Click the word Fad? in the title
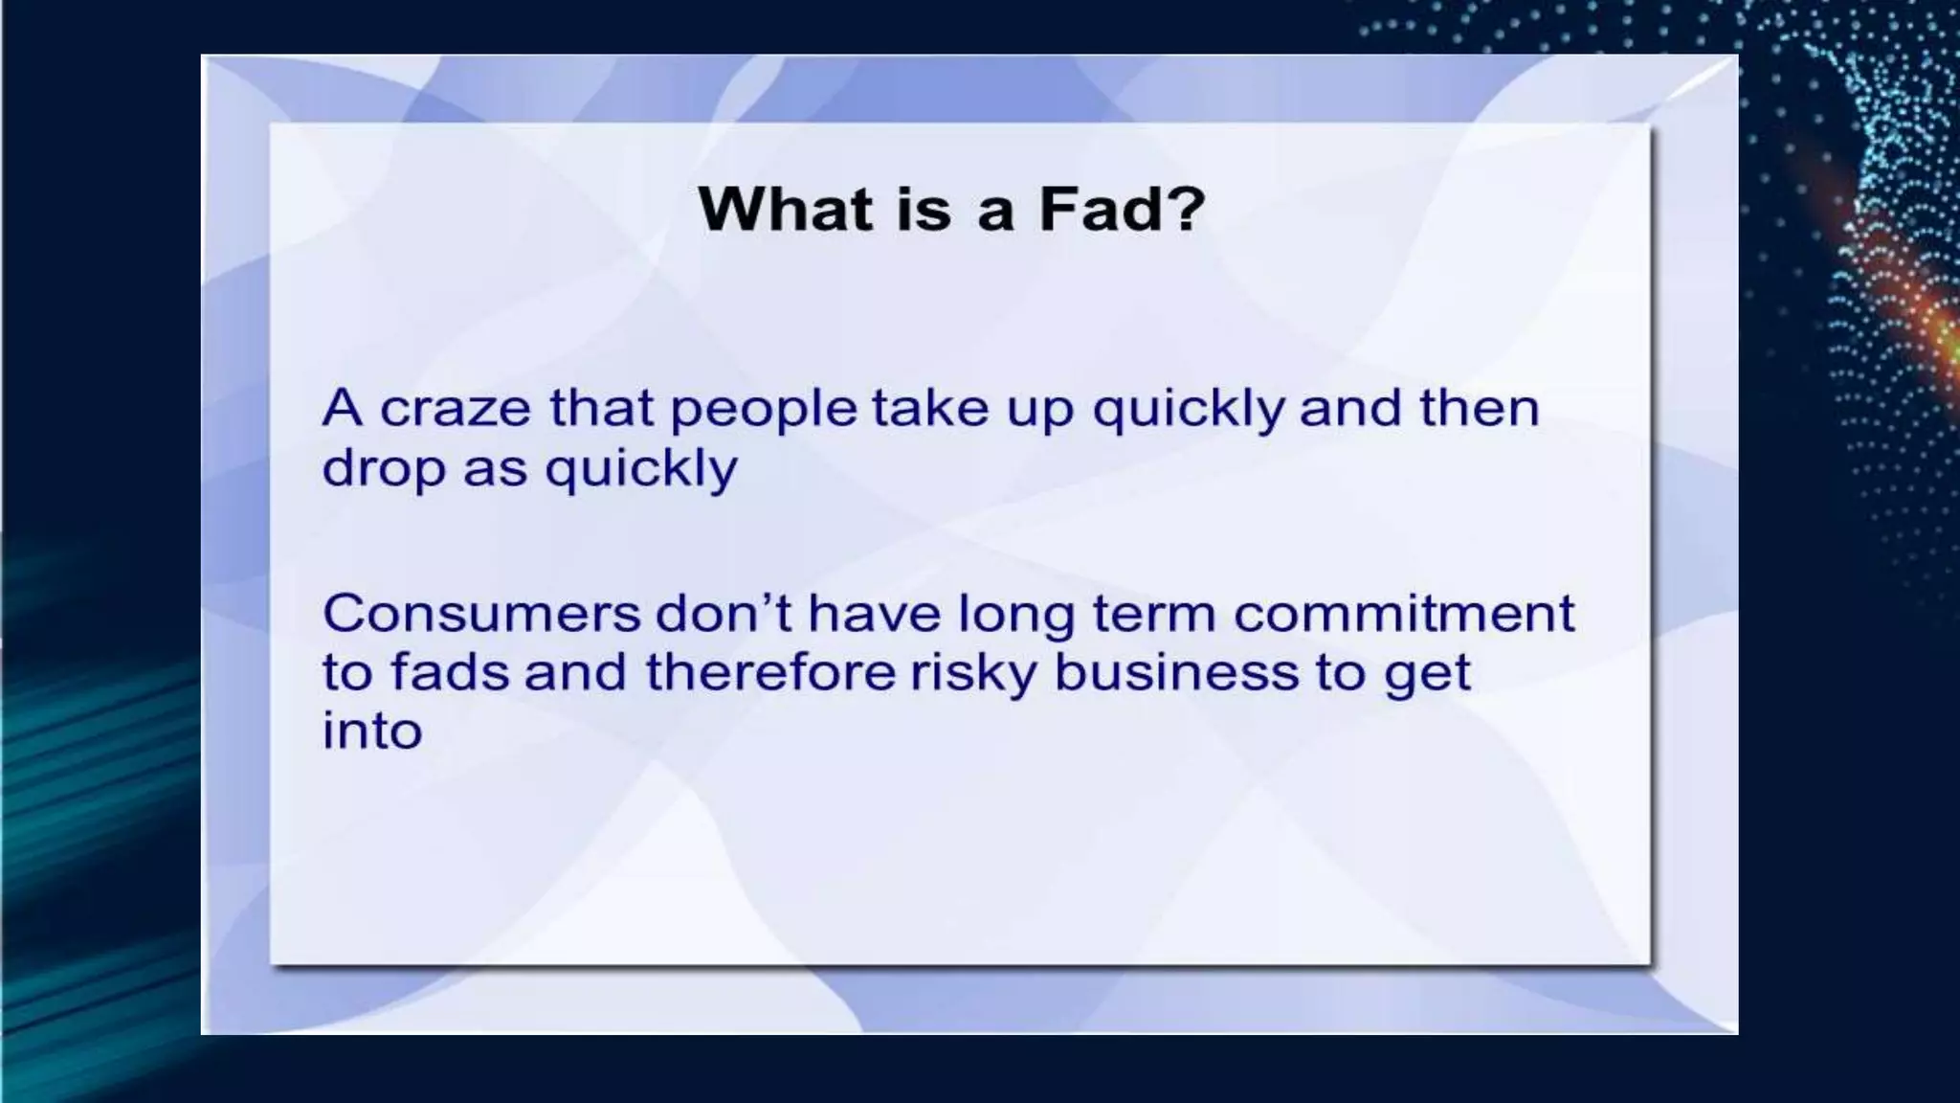coord(1122,209)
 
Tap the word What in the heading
coord(785,209)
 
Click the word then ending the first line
coord(1479,409)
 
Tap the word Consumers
coord(480,614)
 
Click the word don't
coord(724,613)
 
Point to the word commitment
coord(1403,614)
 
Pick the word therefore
coord(770,672)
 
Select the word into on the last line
coord(371,732)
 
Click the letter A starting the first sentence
coord(342,409)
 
